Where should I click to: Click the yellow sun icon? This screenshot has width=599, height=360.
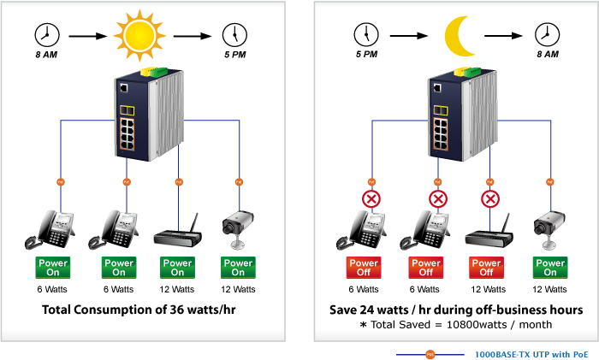tap(139, 36)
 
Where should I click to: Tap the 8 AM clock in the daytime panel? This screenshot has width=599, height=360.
tap(47, 35)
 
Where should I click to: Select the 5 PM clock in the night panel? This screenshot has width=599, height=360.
tap(366, 35)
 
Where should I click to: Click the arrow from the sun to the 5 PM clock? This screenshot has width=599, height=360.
tap(193, 36)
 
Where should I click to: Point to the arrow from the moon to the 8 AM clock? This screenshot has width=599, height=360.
tap(503, 36)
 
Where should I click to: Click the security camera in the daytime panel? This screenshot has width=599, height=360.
tap(238, 229)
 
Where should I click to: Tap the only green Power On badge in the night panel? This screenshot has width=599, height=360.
tap(550, 268)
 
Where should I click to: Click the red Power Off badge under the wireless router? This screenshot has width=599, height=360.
tap(486, 268)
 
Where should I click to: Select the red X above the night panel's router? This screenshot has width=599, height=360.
tap(490, 199)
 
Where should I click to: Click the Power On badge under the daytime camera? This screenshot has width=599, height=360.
tap(238, 268)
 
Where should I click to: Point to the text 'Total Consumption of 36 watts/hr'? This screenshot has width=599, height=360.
tap(139, 310)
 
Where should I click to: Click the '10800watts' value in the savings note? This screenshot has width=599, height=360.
tap(477, 324)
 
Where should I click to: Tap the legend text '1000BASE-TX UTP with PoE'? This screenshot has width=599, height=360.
tap(531, 354)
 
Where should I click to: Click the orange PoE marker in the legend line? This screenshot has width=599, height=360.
tap(430, 355)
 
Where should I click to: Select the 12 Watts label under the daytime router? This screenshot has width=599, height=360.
tap(177, 289)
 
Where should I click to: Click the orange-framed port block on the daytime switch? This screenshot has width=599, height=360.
tap(128, 134)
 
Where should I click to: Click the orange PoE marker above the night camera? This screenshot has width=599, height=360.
tap(550, 182)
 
